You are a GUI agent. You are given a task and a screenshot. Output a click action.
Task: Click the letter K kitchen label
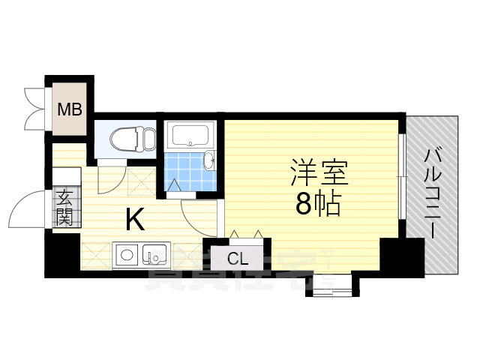click(x=135, y=219)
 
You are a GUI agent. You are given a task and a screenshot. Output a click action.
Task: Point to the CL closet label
click(x=238, y=259)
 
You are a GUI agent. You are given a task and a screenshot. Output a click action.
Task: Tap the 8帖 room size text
click(x=318, y=202)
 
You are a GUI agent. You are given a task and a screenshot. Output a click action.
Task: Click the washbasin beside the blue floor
click(x=210, y=160)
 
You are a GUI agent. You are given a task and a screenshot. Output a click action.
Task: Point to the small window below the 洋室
click(x=327, y=283)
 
